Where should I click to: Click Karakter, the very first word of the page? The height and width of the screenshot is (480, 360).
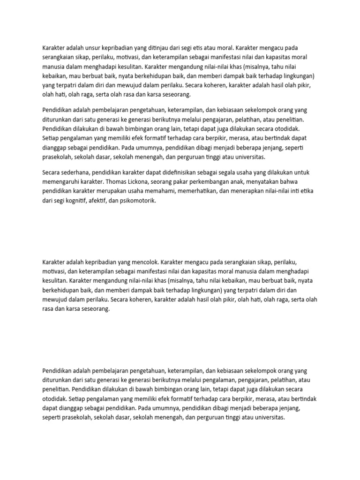point(54,48)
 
